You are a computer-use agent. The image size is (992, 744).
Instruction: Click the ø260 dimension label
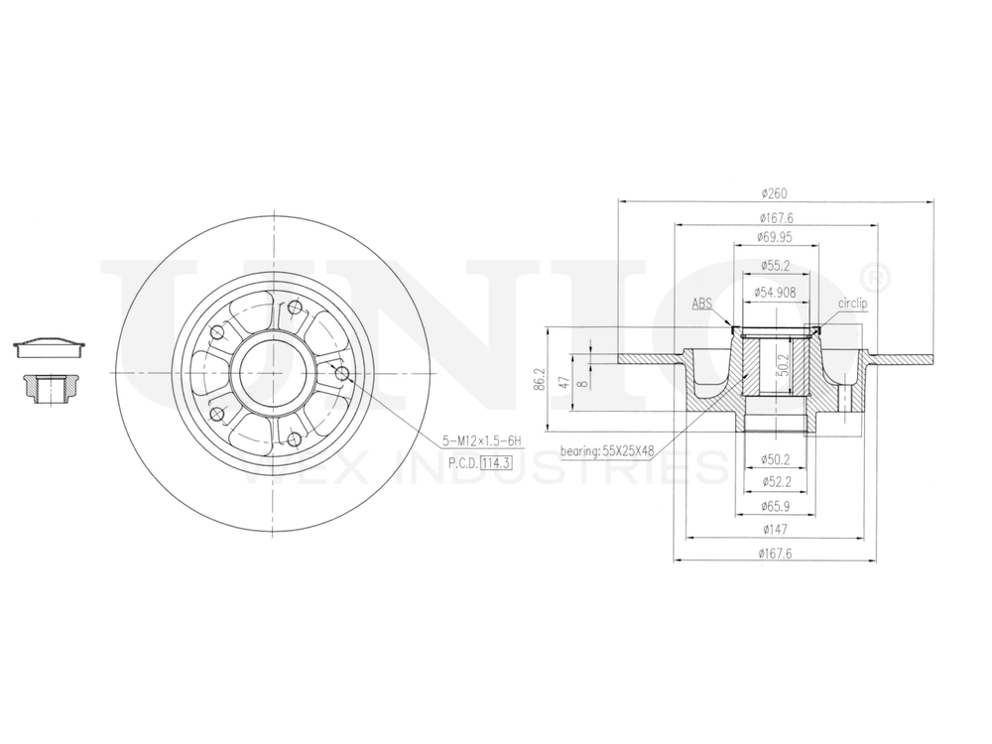pyautogui.click(x=774, y=193)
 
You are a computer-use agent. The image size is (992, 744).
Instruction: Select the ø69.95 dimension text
pyautogui.click(x=774, y=237)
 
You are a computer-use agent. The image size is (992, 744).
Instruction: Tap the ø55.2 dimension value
pyautogui.click(x=774, y=265)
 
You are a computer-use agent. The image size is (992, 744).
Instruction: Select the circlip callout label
pyautogui.click(x=852, y=304)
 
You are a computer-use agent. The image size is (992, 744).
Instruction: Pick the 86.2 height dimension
pyautogui.click(x=540, y=382)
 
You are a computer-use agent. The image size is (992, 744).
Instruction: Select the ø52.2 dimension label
pyautogui.click(x=774, y=483)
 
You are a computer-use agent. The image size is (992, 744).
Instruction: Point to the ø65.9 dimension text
pyautogui.click(x=774, y=507)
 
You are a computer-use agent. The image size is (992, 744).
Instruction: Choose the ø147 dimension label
pyautogui.click(x=774, y=532)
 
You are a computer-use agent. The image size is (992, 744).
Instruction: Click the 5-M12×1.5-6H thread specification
pyautogui.click(x=483, y=439)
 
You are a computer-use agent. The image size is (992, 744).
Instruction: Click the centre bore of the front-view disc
pyautogui.click(x=271, y=373)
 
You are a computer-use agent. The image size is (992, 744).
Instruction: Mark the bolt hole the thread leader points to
pyautogui.click(x=342, y=373)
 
